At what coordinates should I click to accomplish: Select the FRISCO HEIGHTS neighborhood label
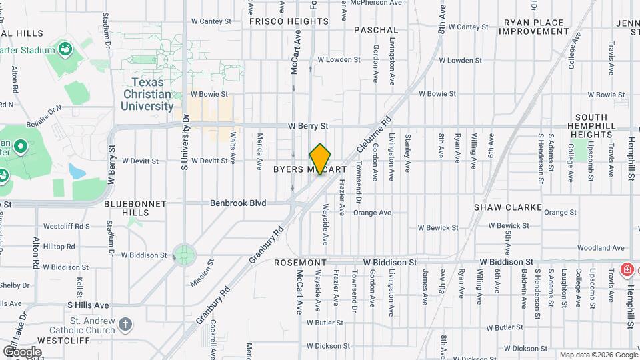click(289, 21)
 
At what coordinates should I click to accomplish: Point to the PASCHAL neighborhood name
click(376, 30)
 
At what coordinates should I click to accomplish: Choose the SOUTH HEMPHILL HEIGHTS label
click(591, 125)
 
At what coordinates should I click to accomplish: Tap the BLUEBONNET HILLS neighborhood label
click(130, 207)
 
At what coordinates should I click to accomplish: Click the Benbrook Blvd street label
click(238, 203)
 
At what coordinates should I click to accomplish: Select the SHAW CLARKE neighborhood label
click(507, 207)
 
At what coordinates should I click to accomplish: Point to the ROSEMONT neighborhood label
click(300, 263)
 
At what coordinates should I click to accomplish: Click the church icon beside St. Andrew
click(125, 325)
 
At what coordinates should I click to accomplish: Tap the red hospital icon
click(627, 270)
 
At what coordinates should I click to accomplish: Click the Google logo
click(22, 351)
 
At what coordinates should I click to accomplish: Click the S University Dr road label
click(185, 147)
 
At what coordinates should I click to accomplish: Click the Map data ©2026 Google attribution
click(597, 355)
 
